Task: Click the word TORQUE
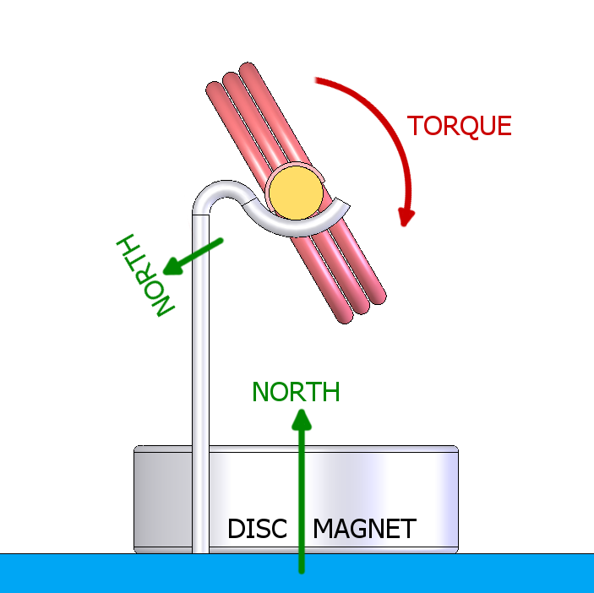460,126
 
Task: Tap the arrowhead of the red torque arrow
406,217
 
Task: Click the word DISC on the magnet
258,530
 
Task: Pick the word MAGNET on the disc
364,530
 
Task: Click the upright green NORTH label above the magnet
296,392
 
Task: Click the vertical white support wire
200,380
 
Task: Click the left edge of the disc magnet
137,498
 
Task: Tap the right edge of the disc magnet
456,498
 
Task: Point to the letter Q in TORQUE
467,127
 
